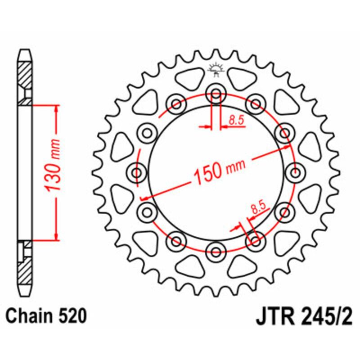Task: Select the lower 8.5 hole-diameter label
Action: (258, 208)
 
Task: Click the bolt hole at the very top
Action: (216, 95)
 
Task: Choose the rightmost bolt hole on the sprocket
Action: (295, 172)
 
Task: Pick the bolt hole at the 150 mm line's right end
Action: (284, 133)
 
